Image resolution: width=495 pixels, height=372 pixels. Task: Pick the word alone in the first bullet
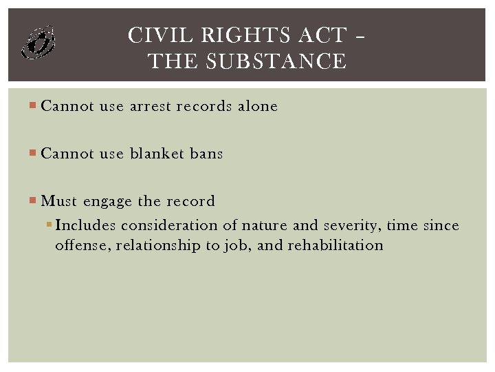click(x=258, y=106)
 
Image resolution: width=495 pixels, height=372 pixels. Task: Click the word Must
click(x=59, y=201)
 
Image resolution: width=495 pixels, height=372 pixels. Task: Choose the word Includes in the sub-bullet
click(x=87, y=225)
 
